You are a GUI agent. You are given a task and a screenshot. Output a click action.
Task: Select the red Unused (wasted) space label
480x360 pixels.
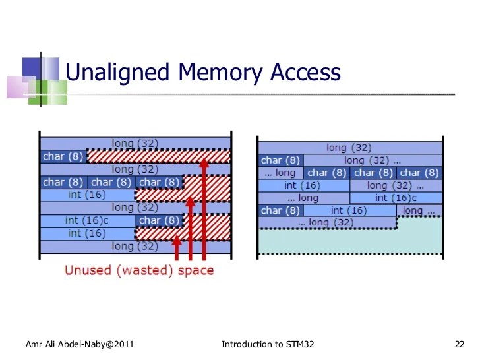139,270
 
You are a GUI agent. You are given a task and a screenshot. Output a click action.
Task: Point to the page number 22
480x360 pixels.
460,344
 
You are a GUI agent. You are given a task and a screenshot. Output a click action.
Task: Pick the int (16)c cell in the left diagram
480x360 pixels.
88,221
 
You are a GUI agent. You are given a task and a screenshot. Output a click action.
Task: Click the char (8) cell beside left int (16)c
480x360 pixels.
159,221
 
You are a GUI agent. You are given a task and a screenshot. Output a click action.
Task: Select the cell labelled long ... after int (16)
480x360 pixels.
419,211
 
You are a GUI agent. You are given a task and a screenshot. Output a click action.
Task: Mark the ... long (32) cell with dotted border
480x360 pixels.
327,223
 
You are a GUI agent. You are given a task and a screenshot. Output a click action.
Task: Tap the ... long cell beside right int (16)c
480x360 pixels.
303,198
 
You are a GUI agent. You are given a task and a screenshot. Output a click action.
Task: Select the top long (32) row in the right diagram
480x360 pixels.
349,148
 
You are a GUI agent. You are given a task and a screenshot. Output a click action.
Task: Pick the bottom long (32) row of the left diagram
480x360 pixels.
135,247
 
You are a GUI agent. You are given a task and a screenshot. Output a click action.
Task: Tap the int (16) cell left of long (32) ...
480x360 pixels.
303,186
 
